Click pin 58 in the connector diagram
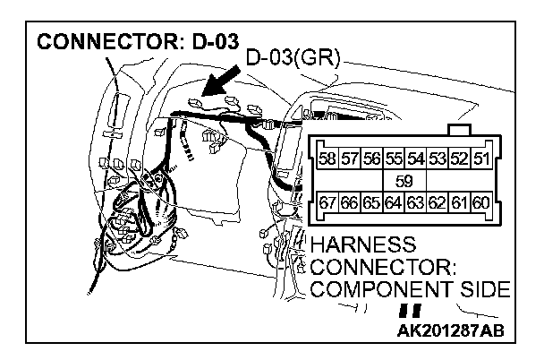coord(328,161)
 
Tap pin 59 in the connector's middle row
coord(404,181)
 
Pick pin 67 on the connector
coord(328,202)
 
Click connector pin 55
coord(394,161)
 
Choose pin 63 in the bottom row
coord(415,202)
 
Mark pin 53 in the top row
coord(437,161)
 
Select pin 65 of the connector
coord(371,202)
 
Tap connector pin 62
coord(437,202)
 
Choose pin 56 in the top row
coord(371,161)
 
